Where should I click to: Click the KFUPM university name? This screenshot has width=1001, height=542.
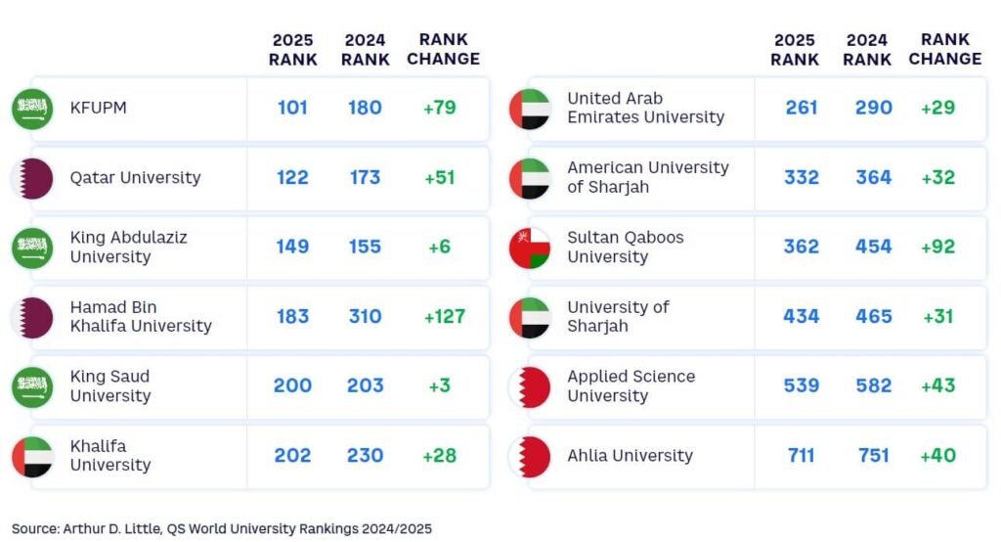[x=98, y=108]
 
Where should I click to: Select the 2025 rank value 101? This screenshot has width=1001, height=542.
[x=292, y=108]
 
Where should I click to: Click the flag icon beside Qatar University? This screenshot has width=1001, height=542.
[x=32, y=178]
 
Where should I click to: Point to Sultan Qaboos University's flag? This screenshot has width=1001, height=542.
[x=530, y=248]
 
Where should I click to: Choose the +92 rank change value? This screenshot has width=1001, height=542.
[x=937, y=247]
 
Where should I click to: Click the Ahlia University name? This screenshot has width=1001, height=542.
[x=630, y=456]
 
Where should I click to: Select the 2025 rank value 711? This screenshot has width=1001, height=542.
[x=802, y=456]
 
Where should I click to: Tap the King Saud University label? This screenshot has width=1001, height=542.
[x=110, y=385]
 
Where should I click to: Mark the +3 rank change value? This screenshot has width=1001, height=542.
[x=440, y=385]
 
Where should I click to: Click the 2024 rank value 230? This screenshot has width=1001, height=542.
[x=365, y=456]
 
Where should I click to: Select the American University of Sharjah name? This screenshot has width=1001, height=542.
[x=647, y=177]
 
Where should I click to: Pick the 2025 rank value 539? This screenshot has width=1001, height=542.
[x=802, y=385]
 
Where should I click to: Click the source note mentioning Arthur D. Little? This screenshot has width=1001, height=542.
[x=222, y=528]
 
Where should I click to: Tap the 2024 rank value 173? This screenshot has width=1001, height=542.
[x=365, y=177]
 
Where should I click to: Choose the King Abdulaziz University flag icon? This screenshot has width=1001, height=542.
[x=32, y=248]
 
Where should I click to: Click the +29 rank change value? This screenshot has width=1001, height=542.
[x=937, y=108]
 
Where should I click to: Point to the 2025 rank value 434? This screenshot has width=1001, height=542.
[x=802, y=316]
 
